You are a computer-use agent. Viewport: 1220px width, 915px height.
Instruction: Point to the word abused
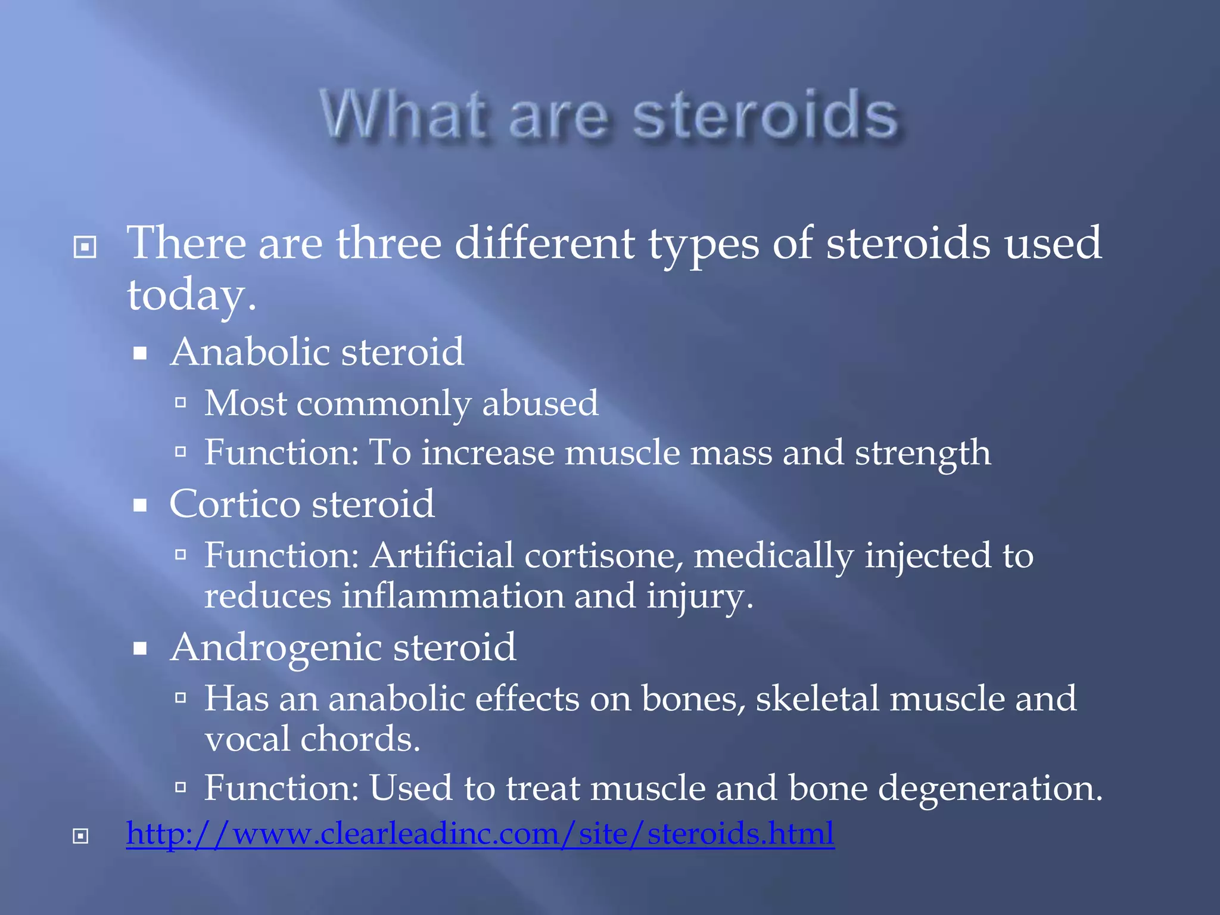click(540, 403)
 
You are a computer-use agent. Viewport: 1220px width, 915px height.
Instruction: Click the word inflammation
click(453, 596)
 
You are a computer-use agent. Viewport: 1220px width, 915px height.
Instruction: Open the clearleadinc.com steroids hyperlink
click(480, 834)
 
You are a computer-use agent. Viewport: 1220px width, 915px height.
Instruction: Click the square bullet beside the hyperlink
click(80, 836)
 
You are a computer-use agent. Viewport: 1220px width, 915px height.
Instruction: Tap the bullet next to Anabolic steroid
click(140, 354)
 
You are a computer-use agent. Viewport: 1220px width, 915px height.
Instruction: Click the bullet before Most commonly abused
click(181, 403)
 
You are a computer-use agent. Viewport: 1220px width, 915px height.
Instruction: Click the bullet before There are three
click(85, 247)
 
